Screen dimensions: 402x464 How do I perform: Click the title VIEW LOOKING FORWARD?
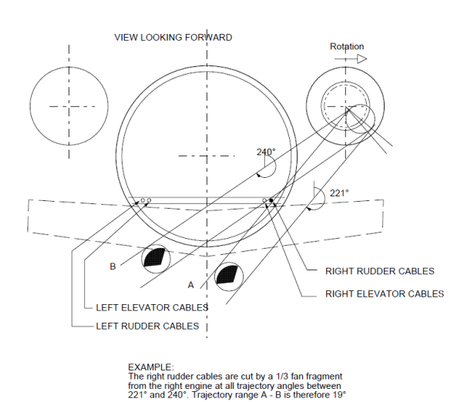point(173,37)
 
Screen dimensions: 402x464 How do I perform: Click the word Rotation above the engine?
point(347,47)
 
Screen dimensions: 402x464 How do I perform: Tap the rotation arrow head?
point(361,59)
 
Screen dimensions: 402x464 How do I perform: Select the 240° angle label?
point(265,152)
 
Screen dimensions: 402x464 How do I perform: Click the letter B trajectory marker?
point(113,267)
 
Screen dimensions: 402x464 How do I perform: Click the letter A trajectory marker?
point(190,284)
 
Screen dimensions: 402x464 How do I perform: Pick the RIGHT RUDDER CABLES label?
point(380,271)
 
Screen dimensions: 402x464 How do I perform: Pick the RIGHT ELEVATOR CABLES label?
point(385,293)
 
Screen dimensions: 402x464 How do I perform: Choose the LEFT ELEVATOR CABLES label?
point(152,307)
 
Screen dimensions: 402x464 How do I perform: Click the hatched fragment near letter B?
point(155,257)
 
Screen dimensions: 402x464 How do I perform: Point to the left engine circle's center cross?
point(68,106)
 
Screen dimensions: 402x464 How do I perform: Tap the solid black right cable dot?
point(271,201)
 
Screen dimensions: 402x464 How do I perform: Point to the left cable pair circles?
point(146,201)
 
